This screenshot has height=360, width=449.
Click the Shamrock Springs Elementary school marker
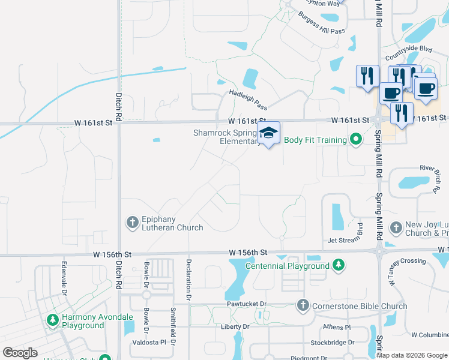tap(268, 133)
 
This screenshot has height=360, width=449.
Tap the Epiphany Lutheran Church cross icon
tap(132, 223)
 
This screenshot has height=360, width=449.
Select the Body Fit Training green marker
tap(356, 140)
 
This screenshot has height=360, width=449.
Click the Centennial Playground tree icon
tap(339, 265)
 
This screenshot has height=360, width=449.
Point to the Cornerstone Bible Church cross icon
tap(303, 306)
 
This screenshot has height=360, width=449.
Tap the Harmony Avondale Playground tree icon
tap(53, 320)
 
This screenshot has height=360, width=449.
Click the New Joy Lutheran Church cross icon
tap(396, 227)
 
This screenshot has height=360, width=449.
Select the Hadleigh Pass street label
tap(248, 100)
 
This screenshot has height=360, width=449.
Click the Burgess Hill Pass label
tap(322, 23)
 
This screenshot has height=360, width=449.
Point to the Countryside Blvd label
tap(409, 49)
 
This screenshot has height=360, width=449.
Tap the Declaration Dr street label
tap(188, 280)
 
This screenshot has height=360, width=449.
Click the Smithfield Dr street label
tap(173, 326)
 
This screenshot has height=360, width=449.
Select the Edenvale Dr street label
tap(63, 277)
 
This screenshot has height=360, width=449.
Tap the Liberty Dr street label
tap(235, 326)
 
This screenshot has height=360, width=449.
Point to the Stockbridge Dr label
tap(331, 343)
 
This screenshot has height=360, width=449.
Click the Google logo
tap(20, 353)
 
